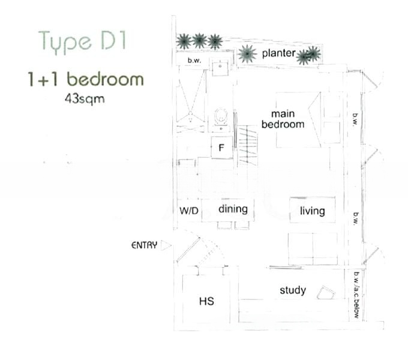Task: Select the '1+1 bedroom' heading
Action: coord(86,79)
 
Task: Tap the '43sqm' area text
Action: coord(85,99)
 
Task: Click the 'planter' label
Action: coord(278,53)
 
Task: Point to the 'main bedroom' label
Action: coord(283,119)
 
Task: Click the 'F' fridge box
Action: coord(221,148)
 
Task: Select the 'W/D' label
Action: coord(189,211)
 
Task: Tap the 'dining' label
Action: coord(233,209)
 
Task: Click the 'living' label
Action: coord(312,211)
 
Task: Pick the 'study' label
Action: coord(293,290)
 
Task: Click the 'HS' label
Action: coord(206,301)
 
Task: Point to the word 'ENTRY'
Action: coord(145,245)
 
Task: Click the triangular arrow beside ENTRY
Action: coord(166,245)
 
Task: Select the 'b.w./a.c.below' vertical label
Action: coord(356,295)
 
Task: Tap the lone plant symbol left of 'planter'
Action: coord(247,54)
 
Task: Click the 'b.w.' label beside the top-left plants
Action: coord(194,61)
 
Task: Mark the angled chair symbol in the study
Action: coord(326,293)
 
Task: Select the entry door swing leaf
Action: coord(188,250)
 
